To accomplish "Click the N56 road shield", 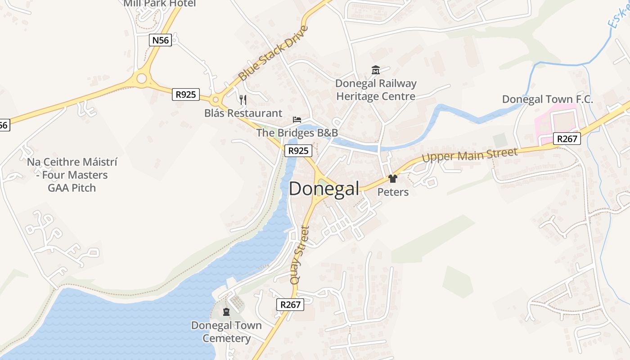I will click(160, 40).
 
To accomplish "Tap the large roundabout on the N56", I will click(142, 79).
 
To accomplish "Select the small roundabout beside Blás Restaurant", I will click(216, 100).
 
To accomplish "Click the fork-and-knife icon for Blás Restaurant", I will click(243, 99).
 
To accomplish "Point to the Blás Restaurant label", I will click(243, 113).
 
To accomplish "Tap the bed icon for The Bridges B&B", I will click(297, 119).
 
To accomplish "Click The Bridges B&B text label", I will click(297, 133).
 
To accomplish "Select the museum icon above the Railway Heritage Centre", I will click(376, 70).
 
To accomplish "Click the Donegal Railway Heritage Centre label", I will click(376, 90).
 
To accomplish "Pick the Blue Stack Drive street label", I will click(273, 53).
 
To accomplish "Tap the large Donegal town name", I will click(324, 189).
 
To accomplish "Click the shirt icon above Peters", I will click(393, 179).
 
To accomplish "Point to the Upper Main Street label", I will click(470, 155).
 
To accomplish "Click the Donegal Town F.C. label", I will click(547, 99).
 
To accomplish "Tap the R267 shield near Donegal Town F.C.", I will click(567, 139).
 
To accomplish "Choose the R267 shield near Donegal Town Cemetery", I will click(290, 305).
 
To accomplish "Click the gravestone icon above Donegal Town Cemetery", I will click(226, 311).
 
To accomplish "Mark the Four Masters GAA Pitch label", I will click(72, 175).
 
